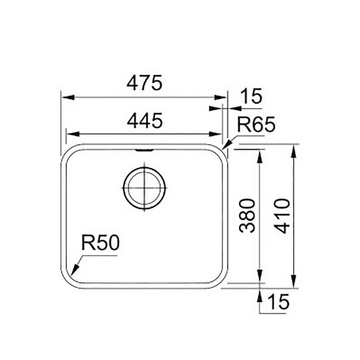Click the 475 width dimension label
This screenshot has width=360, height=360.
point(144,83)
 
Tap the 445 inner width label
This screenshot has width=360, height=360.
point(145,120)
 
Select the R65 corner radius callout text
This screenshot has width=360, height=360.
point(256,124)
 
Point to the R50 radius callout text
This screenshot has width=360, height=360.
point(100,243)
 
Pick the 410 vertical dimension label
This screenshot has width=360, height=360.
point(282,216)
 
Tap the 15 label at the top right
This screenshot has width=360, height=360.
point(252,96)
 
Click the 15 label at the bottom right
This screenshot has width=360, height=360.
point(279,302)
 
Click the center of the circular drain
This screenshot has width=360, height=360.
point(144,188)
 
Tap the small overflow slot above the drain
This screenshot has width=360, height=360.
point(144,150)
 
